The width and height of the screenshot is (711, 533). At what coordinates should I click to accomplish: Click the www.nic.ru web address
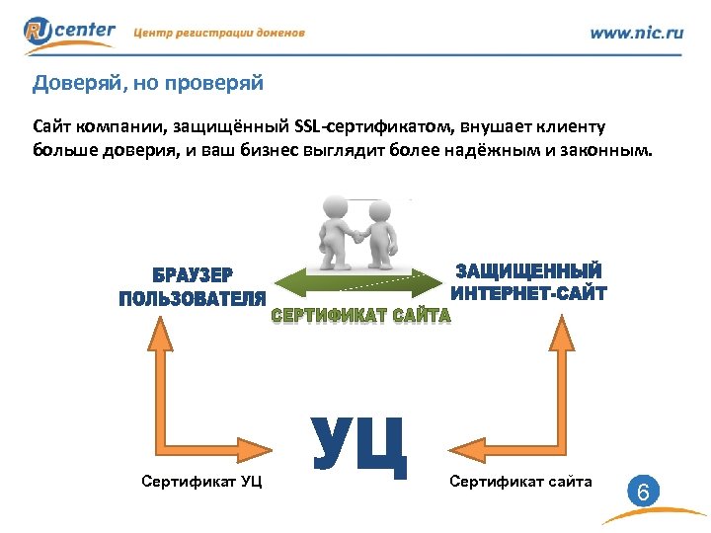tap(636, 33)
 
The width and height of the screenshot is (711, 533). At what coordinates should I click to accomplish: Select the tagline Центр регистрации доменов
tap(218, 33)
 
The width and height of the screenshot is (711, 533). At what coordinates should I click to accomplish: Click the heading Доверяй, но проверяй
tap(148, 83)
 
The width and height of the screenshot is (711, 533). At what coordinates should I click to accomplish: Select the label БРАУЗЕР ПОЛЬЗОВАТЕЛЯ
tap(193, 286)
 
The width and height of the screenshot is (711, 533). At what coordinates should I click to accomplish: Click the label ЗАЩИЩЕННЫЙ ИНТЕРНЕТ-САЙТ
tap(527, 281)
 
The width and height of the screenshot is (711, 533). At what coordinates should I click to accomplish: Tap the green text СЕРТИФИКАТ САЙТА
tap(360, 316)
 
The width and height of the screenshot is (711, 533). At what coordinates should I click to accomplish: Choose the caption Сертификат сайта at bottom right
tap(520, 482)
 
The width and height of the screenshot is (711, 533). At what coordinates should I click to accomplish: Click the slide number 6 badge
tap(642, 490)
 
